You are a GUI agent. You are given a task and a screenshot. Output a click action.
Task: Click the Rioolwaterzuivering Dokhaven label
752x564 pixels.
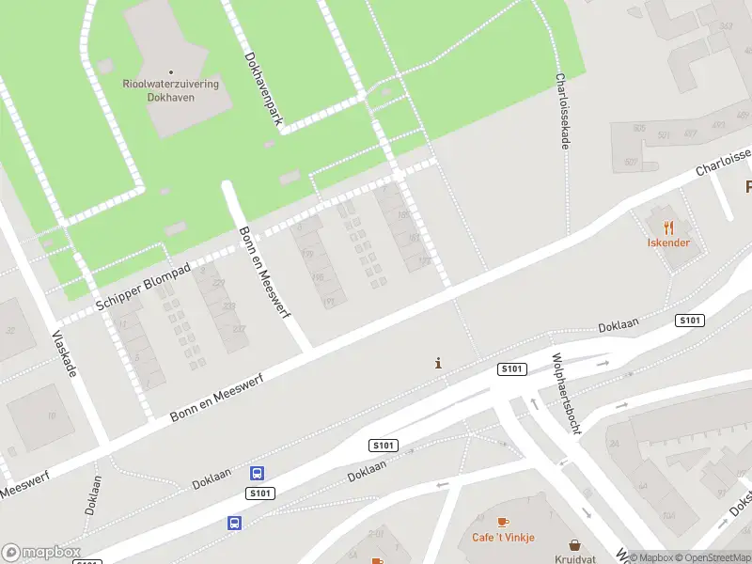171,90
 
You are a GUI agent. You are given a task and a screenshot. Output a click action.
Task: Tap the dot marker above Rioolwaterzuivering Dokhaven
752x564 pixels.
171,71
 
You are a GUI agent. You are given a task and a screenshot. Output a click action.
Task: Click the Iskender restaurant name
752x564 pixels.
668,243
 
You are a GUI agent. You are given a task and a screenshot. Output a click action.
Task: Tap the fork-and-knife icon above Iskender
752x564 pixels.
668,227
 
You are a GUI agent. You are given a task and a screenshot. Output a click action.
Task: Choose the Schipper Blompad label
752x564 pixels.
144,288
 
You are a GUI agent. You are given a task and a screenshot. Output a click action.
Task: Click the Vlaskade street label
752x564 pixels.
63,354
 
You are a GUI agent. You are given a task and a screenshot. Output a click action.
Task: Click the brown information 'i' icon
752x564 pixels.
438,363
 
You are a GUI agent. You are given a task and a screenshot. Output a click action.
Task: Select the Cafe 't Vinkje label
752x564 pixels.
503,538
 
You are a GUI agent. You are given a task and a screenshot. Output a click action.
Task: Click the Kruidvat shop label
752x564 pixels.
574,558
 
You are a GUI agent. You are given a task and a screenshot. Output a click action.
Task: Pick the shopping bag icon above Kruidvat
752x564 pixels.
574,544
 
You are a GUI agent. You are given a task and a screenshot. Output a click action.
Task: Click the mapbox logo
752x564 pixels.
40,553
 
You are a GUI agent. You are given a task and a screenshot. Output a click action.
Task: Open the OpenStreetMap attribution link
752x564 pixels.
713,557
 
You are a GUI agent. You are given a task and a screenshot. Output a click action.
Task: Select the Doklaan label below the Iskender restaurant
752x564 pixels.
619,325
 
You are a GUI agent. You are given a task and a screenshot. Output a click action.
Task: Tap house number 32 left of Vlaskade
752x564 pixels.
11,329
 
